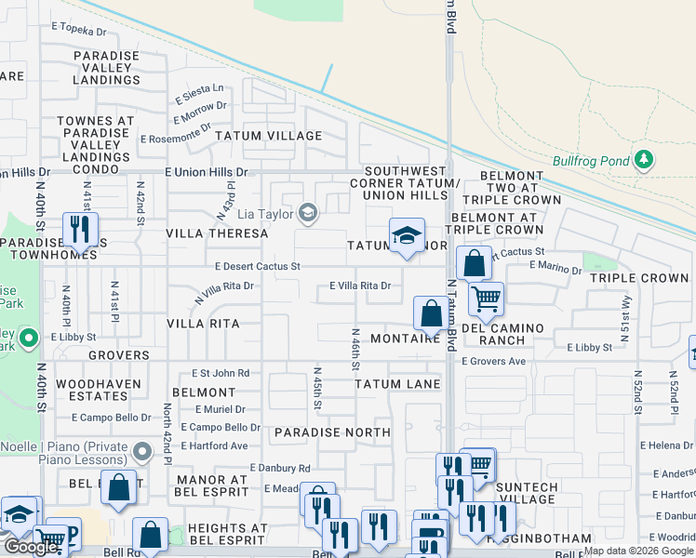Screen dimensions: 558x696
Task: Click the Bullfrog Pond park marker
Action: point(643,160)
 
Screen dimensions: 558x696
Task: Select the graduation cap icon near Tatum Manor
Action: point(407,236)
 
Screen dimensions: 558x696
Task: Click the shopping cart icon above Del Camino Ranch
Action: point(485,299)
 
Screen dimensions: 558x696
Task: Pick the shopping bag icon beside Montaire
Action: point(432,312)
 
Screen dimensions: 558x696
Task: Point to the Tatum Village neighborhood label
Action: point(269,136)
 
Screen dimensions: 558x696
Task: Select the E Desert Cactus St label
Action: point(258,266)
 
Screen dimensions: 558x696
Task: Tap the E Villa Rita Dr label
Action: point(360,286)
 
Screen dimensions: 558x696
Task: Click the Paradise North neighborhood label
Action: point(332,432)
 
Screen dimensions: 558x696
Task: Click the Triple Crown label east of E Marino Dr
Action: point(638,278)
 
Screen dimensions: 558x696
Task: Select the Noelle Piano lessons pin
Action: point(141,453)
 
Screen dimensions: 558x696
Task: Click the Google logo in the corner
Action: point(31,546)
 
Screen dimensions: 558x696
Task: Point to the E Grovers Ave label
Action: point(493,361)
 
